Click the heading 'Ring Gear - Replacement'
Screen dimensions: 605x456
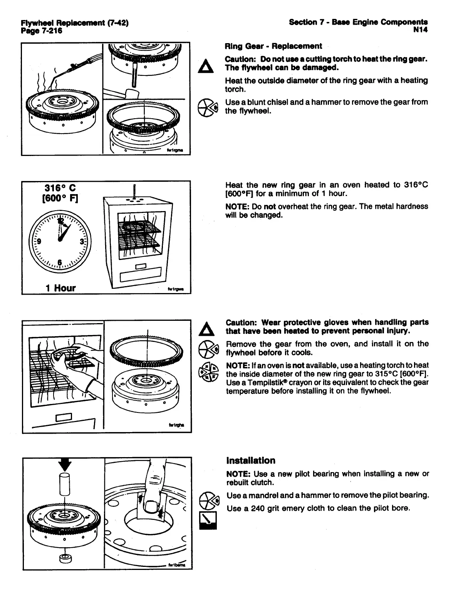click(x=273, y=47)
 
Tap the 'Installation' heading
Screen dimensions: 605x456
click(x=251, y=461)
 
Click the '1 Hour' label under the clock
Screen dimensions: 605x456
click(x=60, y=288)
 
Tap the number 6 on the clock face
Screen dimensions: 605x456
click(x=60, y=262)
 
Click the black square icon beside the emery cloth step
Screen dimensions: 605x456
click(x=208, y=521)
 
